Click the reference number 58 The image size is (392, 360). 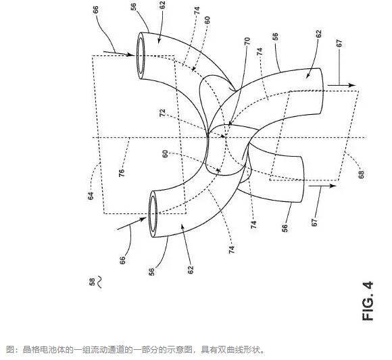coord(92,282)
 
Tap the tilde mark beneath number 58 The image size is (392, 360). coord(99,282)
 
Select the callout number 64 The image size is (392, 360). coord(91,196)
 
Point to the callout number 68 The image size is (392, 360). coord(362,174)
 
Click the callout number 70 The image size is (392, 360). coord(247,41)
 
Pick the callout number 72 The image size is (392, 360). coord(162,113)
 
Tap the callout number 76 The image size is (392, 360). coord(122,173)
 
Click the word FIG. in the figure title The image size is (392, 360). coord(368,309)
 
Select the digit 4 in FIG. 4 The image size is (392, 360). coord(368,286)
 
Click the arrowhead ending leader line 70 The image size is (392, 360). coord(230,123)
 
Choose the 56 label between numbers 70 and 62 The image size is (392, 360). coord(275,36)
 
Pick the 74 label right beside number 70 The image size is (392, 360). coord(260,51)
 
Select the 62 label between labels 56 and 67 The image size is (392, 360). coord(318,34)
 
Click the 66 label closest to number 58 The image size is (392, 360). coord(122,260)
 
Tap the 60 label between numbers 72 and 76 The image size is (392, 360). coord(166,154)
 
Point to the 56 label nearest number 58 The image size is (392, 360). coord(151,272)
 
